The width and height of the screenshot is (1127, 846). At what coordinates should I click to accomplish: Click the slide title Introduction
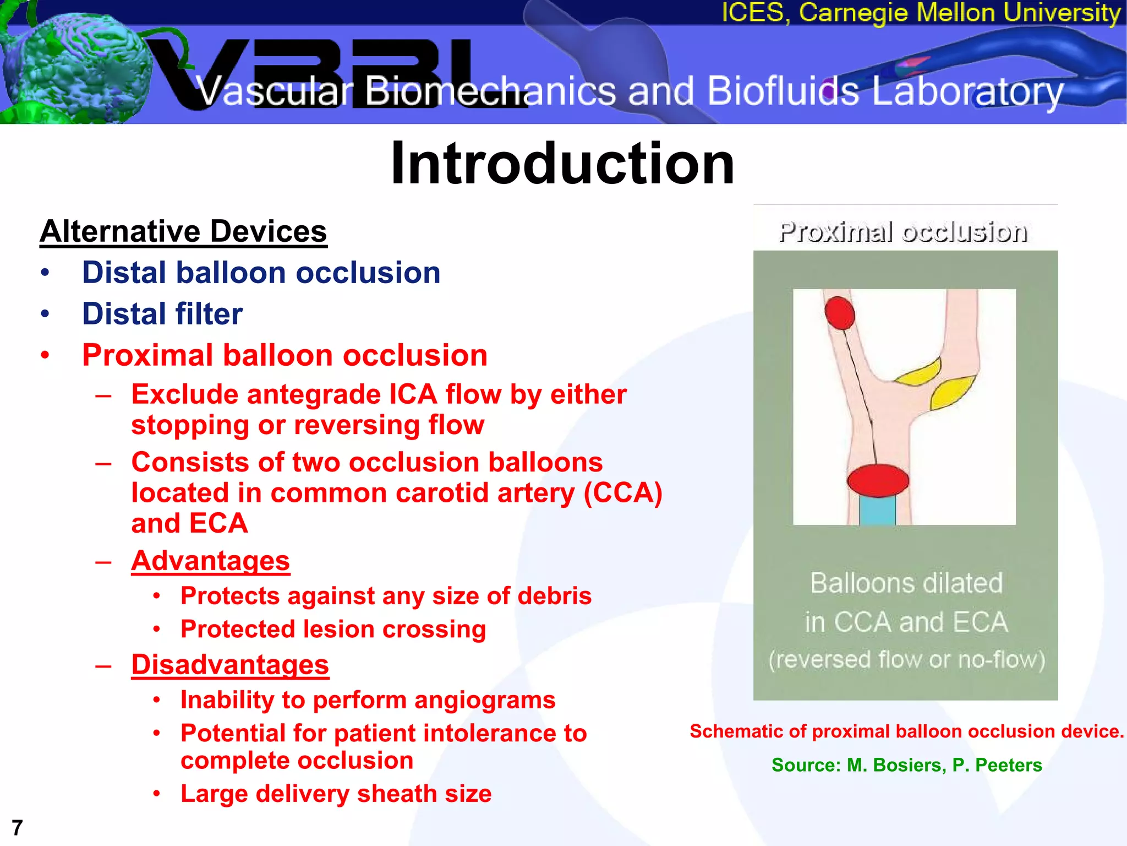[x=562, y=164]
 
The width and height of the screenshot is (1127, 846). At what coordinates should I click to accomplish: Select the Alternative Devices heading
[x=183, y=231]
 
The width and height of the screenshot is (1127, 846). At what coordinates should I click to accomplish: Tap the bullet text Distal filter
[x=162, y=314]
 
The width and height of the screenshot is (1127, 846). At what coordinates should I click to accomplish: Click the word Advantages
[x=210, y=561]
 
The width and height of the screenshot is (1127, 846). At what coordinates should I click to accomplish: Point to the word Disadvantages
[x=229, y=664]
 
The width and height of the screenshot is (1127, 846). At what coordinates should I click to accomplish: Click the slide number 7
[x=17, y=827]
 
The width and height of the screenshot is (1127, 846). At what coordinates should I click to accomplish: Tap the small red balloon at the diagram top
[x=840, y=313]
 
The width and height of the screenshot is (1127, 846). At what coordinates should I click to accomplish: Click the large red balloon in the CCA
[x=878, y=480]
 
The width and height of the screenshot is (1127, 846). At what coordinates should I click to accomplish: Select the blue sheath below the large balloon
[x=877, y=510]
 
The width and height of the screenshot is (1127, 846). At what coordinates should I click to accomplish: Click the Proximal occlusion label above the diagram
[x=903, y=232]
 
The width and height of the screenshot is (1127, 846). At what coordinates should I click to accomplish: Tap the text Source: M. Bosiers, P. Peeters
[x=906, y=765]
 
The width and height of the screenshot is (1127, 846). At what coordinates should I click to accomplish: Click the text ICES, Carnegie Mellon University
[x=921, y=13]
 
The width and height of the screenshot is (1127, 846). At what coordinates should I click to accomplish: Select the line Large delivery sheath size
[x=336, y=794]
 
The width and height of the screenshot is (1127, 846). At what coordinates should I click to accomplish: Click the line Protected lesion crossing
[x=333, y=629]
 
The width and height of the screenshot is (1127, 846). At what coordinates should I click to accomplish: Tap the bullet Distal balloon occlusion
[x=261, y=273]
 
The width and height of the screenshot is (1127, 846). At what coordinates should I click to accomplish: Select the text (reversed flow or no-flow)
[x=906, y=659]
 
